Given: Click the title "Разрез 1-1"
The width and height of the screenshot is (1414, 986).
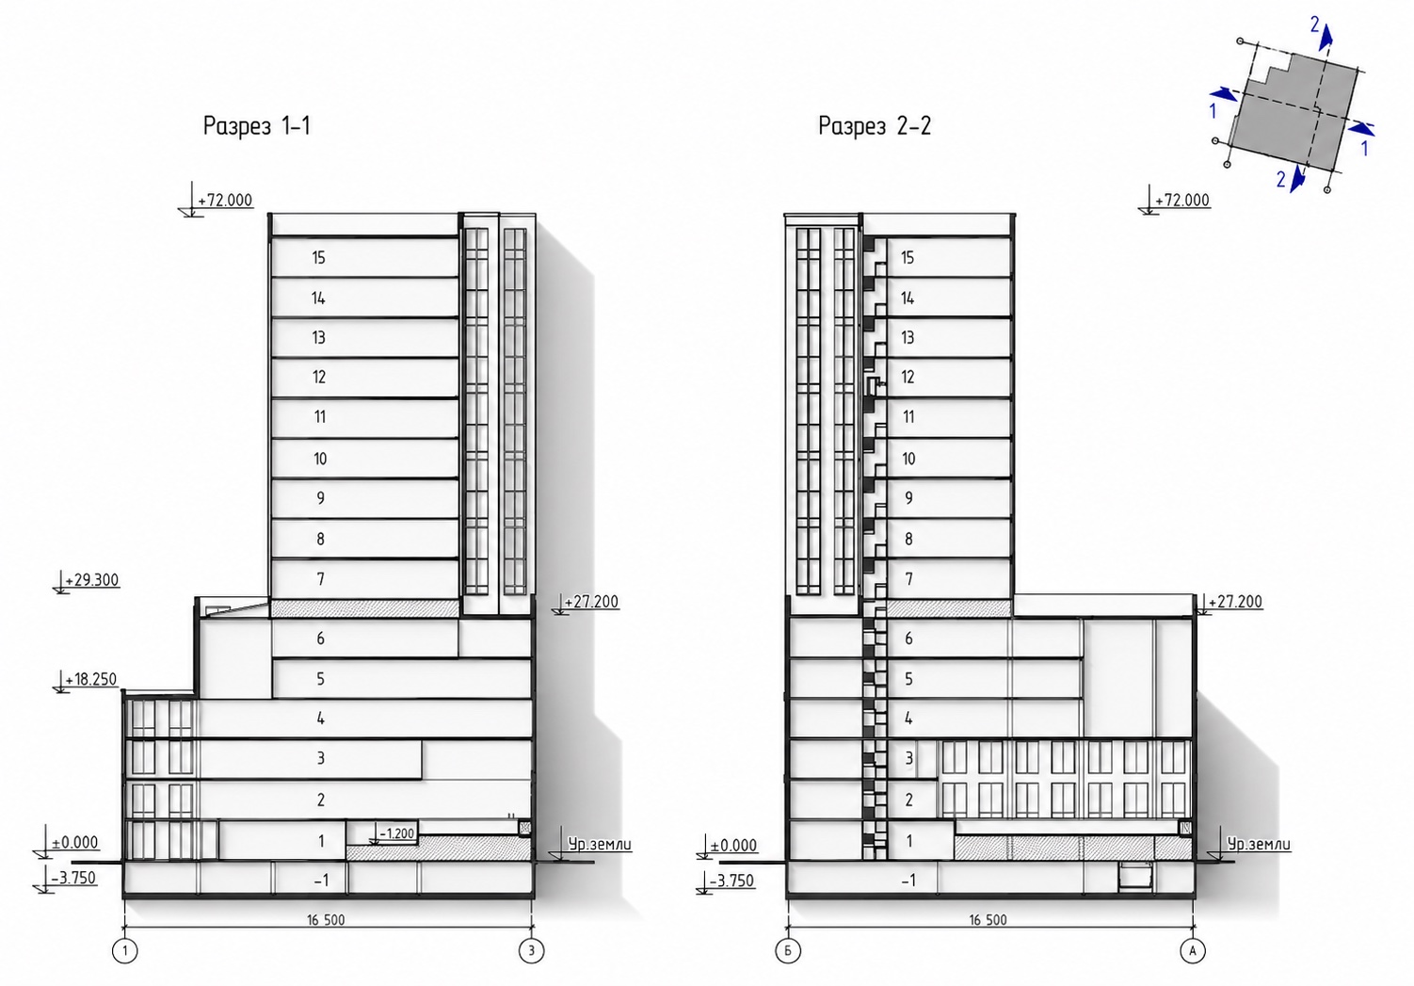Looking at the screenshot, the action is (256, 126).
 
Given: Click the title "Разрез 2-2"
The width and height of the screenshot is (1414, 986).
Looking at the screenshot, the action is (875, 126).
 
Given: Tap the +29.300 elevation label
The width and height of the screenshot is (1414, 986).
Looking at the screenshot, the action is (96, 580).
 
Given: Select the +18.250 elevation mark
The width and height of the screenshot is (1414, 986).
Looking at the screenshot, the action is (91, 679).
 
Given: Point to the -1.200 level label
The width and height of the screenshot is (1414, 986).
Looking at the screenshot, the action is (396, 833).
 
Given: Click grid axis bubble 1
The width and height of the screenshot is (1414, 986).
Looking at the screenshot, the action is (124, 950).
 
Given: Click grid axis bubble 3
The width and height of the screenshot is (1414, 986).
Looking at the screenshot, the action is (531, 950).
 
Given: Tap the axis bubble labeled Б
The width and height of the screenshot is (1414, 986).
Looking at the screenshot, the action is (788, 950).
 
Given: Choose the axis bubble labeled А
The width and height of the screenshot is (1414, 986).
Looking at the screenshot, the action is (1193, 950).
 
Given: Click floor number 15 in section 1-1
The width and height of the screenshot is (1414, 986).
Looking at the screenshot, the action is (318, 258).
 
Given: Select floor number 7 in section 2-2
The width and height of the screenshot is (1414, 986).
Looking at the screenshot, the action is (909, 578).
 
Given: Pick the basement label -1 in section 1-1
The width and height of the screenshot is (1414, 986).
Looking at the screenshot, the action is (321, 881).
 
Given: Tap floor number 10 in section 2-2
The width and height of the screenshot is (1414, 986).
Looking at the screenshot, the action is (908, 459).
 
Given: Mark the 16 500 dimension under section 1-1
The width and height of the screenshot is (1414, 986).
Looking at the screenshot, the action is (326, 920).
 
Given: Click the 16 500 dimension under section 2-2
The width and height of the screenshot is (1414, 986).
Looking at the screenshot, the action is (988, 920).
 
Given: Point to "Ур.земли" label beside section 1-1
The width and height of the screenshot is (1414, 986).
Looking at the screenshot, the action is (599, 844).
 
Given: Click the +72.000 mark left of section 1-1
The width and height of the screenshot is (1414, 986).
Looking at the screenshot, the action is (225, 201).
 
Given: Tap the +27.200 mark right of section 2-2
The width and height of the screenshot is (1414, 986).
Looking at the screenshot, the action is (1235, 602).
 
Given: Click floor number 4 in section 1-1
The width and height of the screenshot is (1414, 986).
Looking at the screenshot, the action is (321, 719).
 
